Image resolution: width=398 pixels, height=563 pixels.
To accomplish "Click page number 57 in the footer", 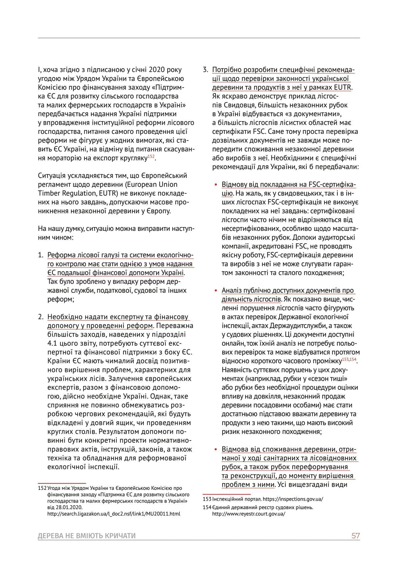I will (355, 536).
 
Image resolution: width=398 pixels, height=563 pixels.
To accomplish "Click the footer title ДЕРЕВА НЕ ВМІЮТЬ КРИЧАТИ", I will (87, 536).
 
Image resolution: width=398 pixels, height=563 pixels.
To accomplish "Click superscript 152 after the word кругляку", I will (151, 156).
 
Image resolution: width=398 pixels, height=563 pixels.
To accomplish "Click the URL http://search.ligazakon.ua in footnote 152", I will (113, 514).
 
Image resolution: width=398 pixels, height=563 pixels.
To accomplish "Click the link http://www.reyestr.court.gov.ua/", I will (248, 514).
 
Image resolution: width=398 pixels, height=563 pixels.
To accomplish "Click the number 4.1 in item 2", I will (53, 343).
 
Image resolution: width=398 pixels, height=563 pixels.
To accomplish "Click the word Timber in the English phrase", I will (48, 193).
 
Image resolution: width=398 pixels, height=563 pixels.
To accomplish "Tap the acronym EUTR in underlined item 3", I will (343, 87).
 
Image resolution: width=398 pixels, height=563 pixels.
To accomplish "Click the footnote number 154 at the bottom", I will (207, 507).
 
